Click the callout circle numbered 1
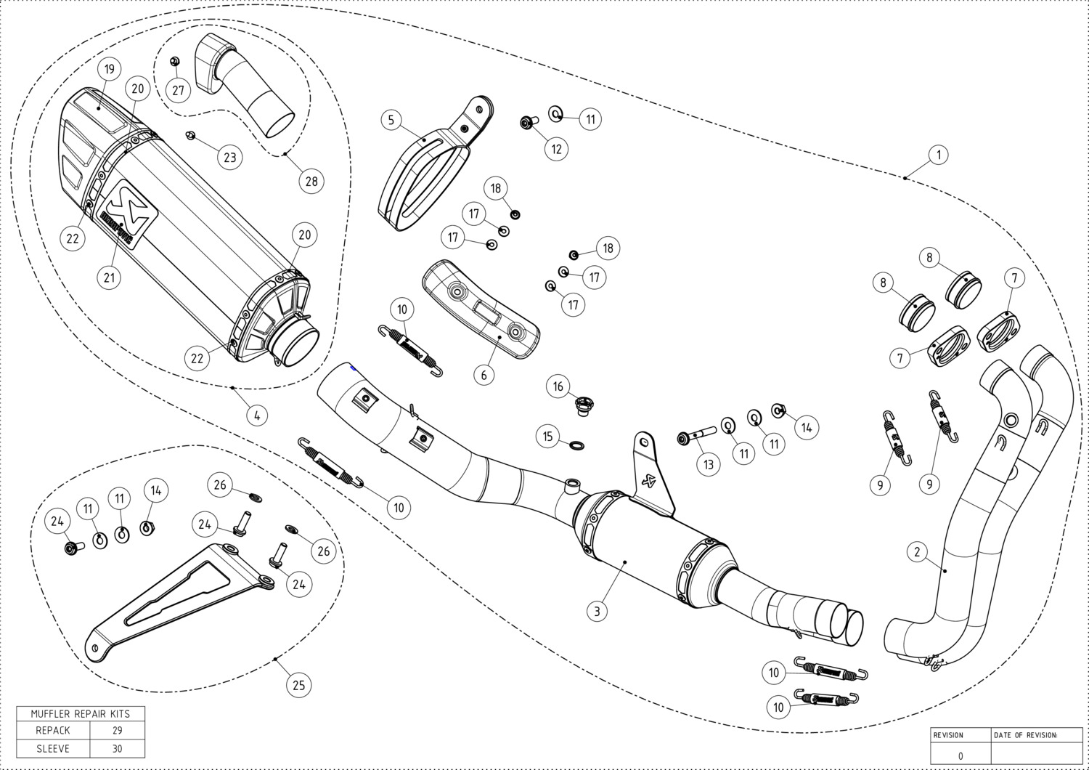[939, 155]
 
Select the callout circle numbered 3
[597, 611]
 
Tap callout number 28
[311, 181]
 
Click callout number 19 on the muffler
[109, 70]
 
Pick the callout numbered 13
[709, 464]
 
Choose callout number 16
[558, 386]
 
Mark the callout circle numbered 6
[484, 375]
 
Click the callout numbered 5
[391, 120]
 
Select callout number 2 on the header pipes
[918, 552]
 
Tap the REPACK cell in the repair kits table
[53, 730]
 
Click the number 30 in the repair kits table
[118, 749]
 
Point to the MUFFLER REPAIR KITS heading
[80, 713]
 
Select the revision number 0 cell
[960, 755]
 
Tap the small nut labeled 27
[175, 62]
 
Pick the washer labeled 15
[576, 443]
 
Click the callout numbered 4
[256, 415]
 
